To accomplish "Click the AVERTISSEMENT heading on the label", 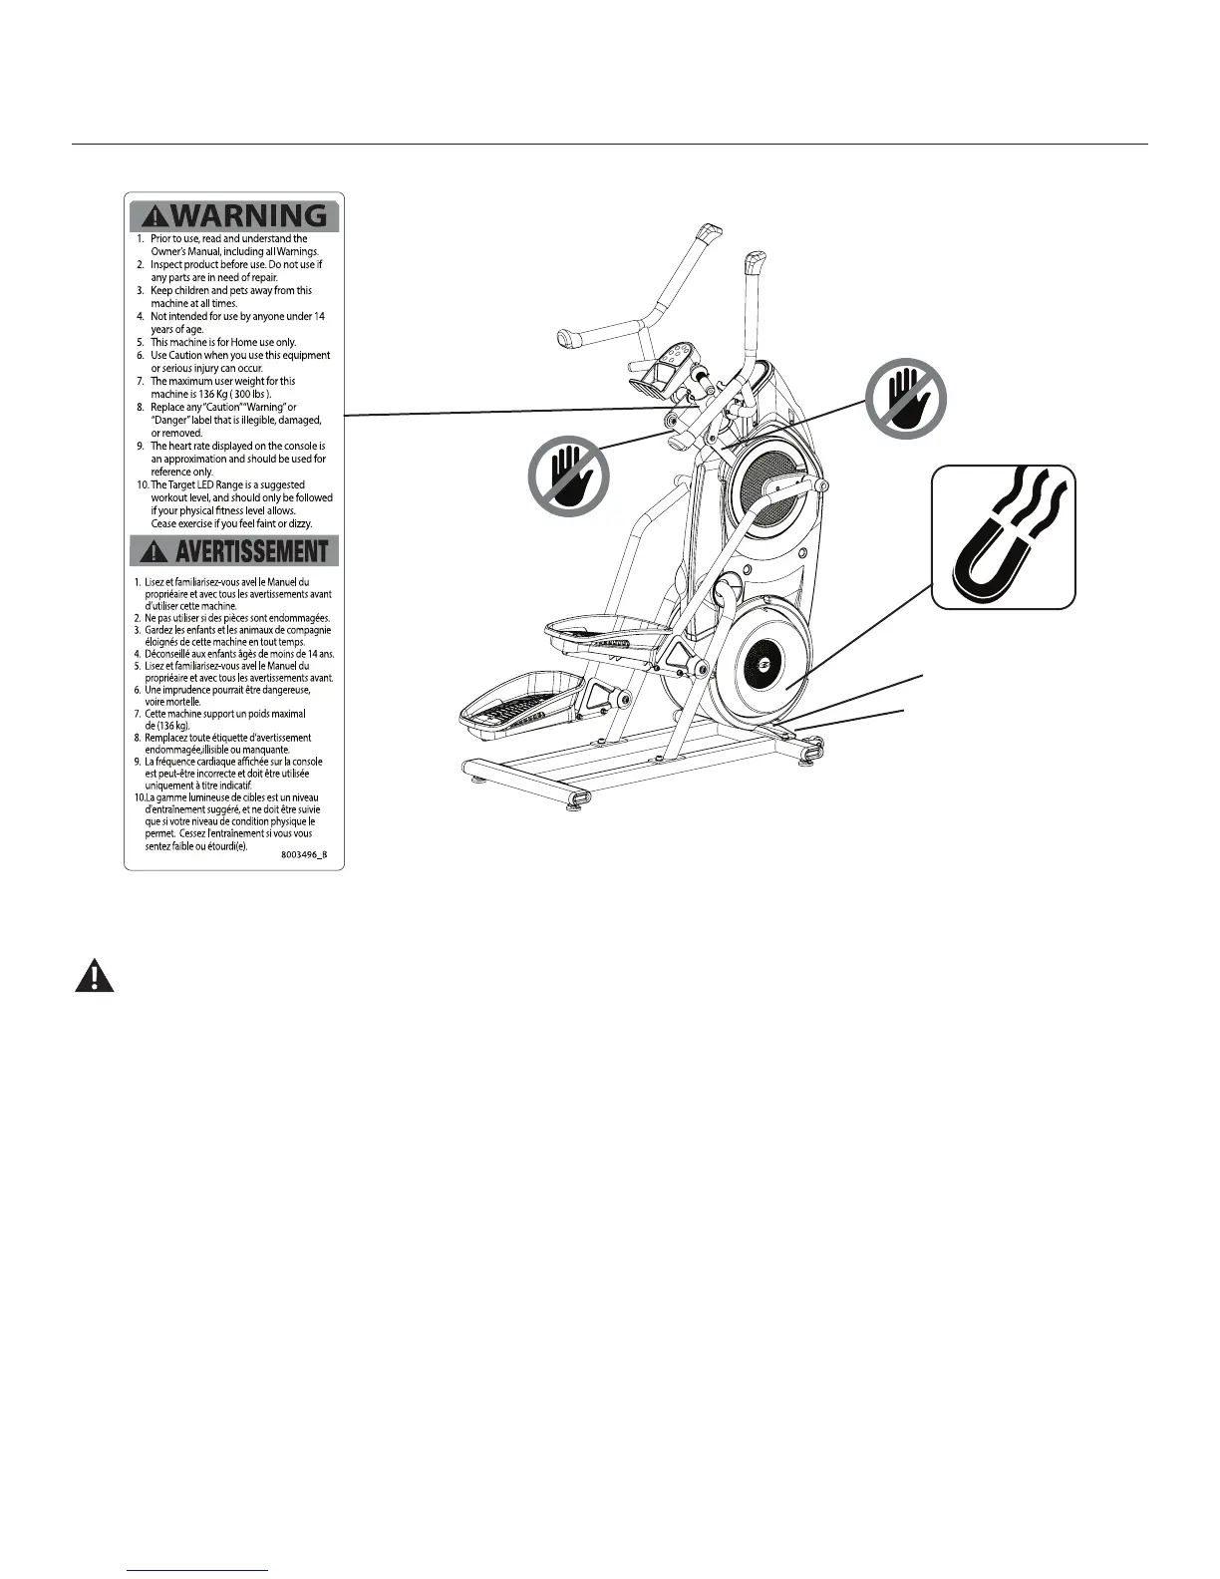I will (252, 551).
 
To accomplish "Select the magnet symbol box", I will (1004, 536).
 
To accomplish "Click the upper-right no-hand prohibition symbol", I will (905, 399).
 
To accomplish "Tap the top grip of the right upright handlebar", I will (754, 266).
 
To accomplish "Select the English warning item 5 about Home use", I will (223, 342).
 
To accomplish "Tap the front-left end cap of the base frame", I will (577, 797).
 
